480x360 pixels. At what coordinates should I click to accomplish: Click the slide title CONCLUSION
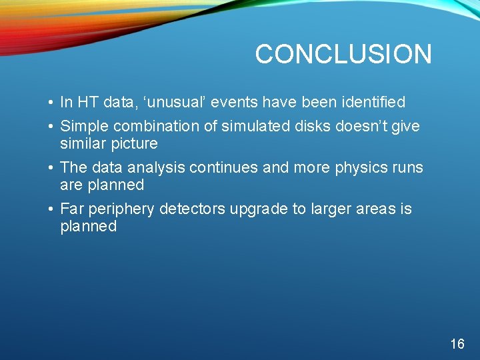point(343,54)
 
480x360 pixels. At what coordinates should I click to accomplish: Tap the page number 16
point(457,344)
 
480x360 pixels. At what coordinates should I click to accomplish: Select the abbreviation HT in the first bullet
point(87,102)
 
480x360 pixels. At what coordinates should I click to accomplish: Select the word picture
point(137,144)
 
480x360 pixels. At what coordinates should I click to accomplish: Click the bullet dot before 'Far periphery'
point(51,209)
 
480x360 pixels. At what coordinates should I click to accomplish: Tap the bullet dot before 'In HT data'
point(51,103)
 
